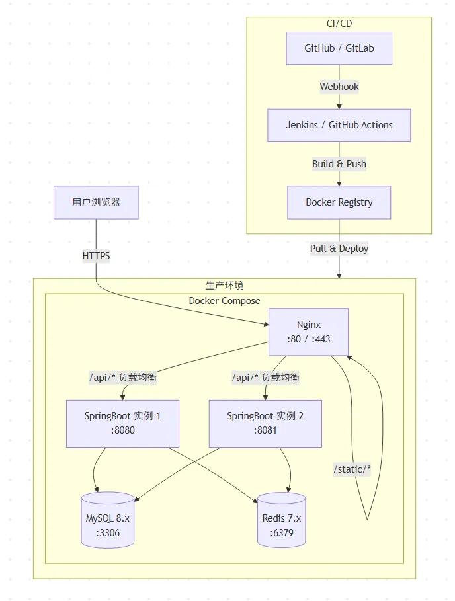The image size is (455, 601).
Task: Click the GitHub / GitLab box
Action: tap(339, 48)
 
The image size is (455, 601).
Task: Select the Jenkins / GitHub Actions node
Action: tap(339, 125)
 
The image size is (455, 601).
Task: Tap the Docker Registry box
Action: tap(339, 202)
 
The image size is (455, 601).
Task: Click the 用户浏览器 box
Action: tap(96, 202)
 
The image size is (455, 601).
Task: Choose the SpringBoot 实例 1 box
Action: tap(122, 423)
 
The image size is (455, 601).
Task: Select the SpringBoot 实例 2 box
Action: tap(265, 423)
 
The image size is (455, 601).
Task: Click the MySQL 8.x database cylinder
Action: tap(108, 520)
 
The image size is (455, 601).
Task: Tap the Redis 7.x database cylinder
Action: tap(282, 520)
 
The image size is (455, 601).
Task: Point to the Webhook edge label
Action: tap(339, 87)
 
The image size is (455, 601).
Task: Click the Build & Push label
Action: tap(339, 164)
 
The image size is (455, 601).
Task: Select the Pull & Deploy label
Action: tap(339, 249)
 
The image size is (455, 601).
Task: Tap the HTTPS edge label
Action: tap(96, 256)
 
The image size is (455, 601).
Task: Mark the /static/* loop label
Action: tap(352, 469)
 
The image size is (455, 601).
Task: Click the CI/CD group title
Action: tap(339, 24)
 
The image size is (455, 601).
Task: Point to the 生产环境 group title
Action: tap(224, 286)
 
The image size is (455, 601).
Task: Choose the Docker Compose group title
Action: tap(224, 301)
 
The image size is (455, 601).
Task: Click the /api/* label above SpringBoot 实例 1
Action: tap(122, 378)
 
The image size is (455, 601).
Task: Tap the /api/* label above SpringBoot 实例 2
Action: tap(265, 378)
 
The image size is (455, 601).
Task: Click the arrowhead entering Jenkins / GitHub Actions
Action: tap(339, 106)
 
